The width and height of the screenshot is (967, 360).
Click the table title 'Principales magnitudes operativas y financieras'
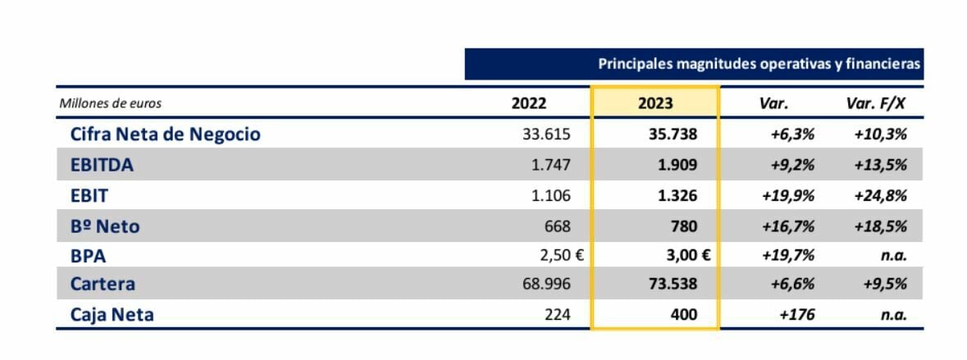click(759, 64)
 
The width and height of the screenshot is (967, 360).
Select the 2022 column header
click(528, 103)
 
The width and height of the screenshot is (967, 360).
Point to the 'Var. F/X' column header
click(875, 103)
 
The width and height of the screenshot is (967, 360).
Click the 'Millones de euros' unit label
click(111, 103)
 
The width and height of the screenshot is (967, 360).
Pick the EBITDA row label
click(102, 164)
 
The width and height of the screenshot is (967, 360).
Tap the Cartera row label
click(103, 285)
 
